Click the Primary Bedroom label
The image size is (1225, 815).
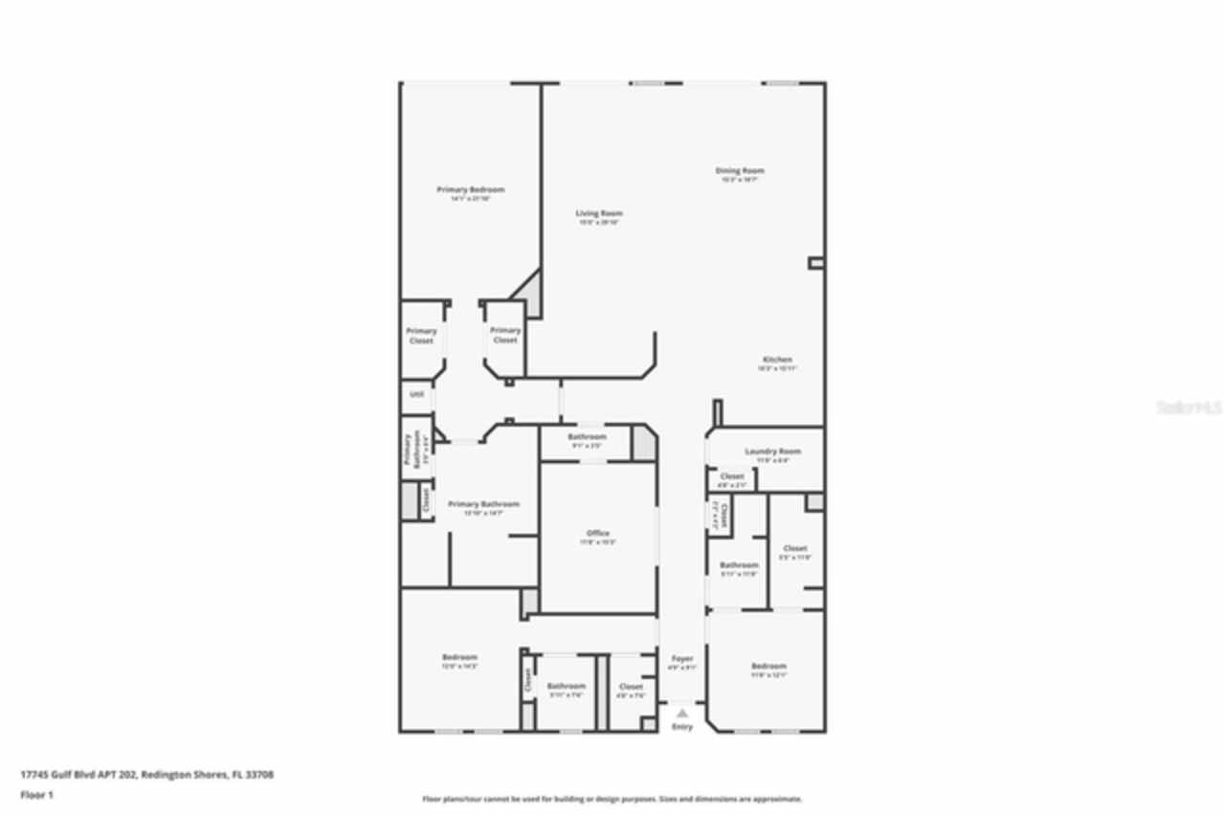click(x=470, y=189)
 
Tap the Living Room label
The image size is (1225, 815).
click(x=599, y=213)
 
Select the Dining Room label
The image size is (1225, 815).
click(x=740, y=171)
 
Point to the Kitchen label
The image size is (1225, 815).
click(x=777, y=360)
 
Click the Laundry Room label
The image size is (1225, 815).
click(x=772, y=452)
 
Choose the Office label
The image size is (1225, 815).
click(x=598, y=534)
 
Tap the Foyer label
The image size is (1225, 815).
click(x=681, y=659)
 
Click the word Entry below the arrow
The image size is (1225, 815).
click(x=681, y=727)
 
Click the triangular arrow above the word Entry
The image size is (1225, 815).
click(x=681, y=713)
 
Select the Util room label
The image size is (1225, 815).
click(x=416, y=394)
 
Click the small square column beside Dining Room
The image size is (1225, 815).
click(x=815, y=262)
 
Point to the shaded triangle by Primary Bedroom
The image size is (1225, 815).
click(x=529, y=295)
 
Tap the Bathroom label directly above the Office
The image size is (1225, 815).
click(x=587, y=437)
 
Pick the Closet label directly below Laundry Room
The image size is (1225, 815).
click(x=731, y=476)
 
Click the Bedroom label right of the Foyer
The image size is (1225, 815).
click(x=768, y=666)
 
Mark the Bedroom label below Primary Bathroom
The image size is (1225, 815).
click(x=459, y=657)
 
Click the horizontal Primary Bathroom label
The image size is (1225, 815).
click(x=483, y=504)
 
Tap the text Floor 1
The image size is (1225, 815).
click(x=37, y=795)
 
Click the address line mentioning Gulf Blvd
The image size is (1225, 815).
click(x=146, y=775)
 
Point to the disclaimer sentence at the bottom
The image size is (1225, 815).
click(x=612, y=799)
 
